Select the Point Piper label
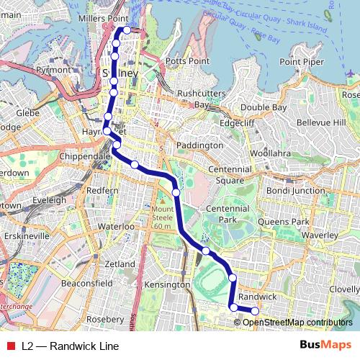(x=300, y=61)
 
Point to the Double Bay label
(x=263, y=107)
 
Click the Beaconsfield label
(x=86, y=284)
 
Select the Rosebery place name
(x=104, y=318)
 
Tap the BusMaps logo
(x=325, y=346)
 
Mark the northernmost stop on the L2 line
(x=127, y=30)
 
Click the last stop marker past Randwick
(x=254, y=311)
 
